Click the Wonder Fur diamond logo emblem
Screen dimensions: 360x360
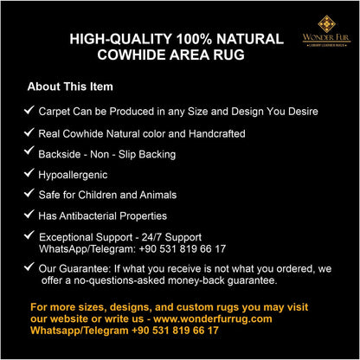(326, 23)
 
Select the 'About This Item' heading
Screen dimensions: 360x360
(70, 87)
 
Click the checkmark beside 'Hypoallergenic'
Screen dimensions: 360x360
(29, 173)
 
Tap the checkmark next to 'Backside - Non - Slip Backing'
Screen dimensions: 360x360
(29, 152)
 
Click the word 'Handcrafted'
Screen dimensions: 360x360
(213, 133)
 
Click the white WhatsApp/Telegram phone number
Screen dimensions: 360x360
(183, 248)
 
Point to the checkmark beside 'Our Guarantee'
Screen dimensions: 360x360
(29, 267)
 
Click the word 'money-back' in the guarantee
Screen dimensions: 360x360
(203, 280)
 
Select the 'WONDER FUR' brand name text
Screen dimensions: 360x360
(326, 38)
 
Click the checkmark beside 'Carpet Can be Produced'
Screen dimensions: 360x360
(29, 111)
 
